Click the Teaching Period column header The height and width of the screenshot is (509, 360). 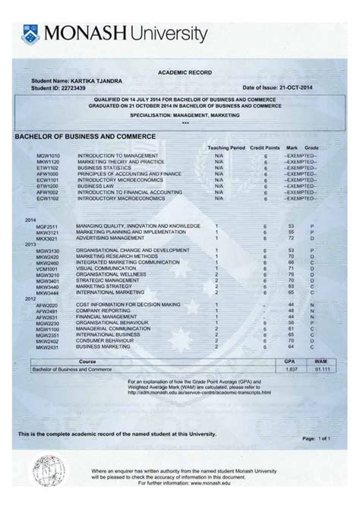click(226, 147)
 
